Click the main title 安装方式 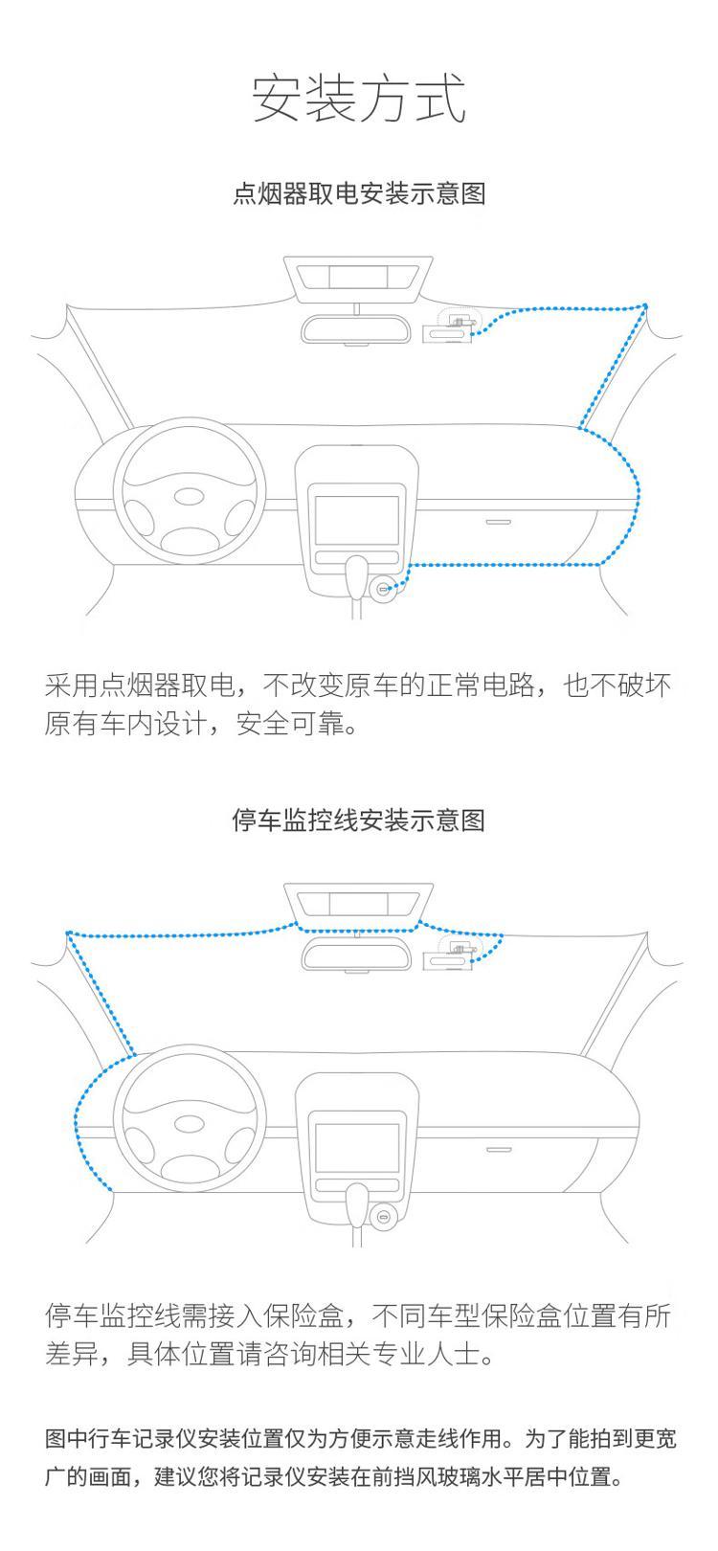(x=359, y=99)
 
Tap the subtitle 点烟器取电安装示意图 (x=359, y=193)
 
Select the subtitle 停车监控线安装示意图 (x=359, y=820)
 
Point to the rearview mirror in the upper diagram (x=356, y=329)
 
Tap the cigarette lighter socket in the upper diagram (x=383, y=589)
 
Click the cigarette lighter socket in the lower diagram (x=383, y=1216)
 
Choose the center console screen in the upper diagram (x=357, y=520)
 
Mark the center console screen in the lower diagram (x=357, y=1147)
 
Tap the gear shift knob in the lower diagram (x=356, y=1203)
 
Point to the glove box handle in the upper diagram (x=498, y=522)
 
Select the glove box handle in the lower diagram (x=498, y=1149)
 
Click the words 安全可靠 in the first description (x=290, y=724)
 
